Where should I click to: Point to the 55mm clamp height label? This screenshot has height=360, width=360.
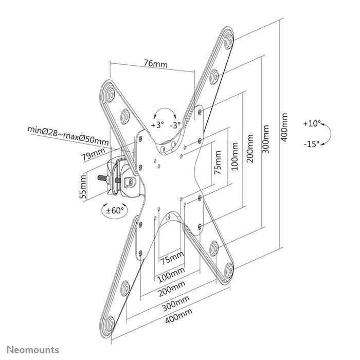pyautogui.click(x=82, y=188)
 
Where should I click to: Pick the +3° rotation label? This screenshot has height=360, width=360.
pyautogui.click(x=157, y=125)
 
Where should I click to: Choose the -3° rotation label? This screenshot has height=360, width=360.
pyautogui.click(x=176, y=125)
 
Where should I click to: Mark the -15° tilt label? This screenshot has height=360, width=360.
pyautogui.click(x=311, y=143)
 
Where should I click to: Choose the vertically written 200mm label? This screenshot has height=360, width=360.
pyautogui.click(x=250, y=149)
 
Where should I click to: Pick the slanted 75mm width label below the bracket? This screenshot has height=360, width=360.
pyautogui.click(x=171, y=257)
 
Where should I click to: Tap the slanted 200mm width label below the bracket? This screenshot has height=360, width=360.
pyautogui.click(x=172, y=286)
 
